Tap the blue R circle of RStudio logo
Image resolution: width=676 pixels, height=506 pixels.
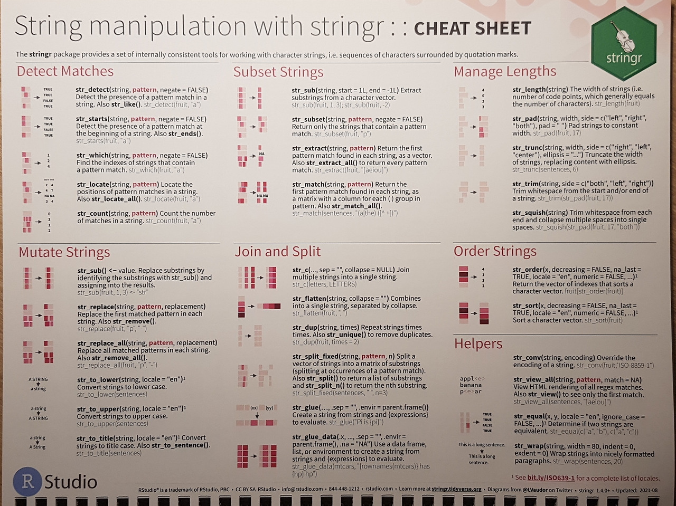(27, 481)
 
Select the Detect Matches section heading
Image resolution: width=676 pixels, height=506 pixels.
(65, 71)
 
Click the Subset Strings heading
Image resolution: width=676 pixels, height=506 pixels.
(278, 72)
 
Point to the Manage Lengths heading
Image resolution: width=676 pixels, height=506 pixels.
(504, 71)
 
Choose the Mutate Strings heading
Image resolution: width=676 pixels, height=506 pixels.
(64, 252)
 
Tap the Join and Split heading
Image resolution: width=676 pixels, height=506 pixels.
(277, 252)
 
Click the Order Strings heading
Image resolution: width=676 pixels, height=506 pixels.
(494, 251)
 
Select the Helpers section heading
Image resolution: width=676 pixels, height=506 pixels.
(478, 343)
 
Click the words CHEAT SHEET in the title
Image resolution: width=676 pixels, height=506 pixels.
(472, 28)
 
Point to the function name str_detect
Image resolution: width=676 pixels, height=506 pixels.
(92, 90)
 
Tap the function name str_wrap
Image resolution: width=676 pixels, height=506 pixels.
(528, 446)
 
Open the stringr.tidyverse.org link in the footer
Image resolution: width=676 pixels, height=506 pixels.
(456, 489)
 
